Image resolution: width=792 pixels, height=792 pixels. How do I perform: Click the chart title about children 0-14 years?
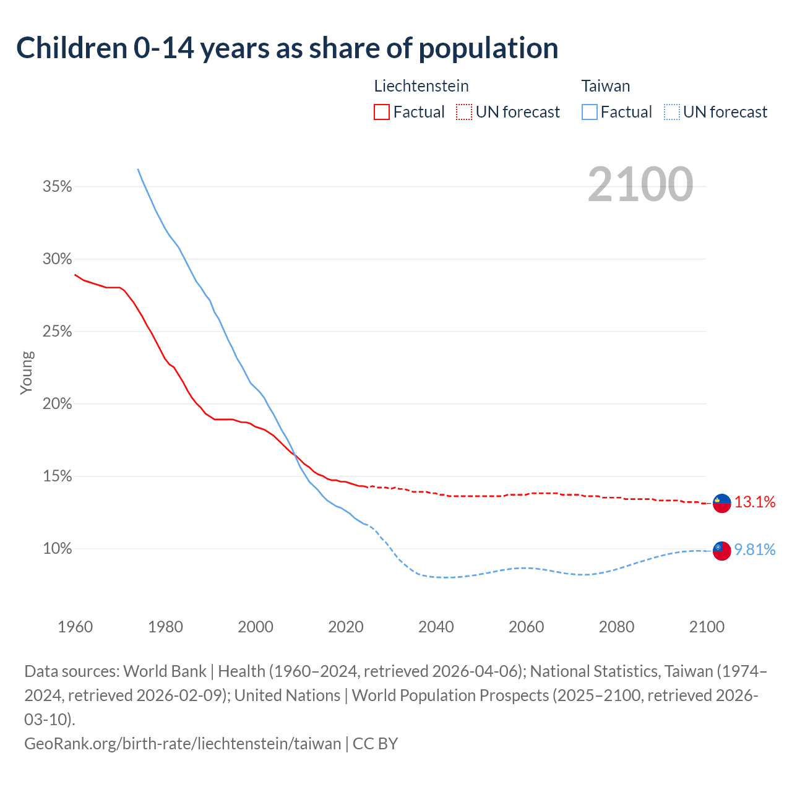point(287,48)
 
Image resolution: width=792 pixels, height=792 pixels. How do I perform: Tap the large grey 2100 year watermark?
point(640,184)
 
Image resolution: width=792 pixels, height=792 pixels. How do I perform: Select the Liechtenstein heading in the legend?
point(421,86)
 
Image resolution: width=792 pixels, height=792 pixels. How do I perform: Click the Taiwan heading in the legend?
point(605,86)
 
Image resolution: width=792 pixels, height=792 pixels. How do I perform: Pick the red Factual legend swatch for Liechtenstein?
point(382,112)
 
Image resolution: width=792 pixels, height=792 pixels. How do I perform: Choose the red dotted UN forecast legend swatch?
point(464,112)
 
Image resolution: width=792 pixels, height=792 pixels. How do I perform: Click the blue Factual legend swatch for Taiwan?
point(589,112)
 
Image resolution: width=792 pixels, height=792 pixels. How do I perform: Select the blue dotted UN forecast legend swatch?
point(671,112)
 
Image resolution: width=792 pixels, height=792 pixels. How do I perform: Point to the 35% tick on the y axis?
point(58,186)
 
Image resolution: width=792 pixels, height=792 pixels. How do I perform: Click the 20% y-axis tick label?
point(58,404)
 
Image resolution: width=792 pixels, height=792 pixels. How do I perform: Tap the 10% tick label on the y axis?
point(58,549)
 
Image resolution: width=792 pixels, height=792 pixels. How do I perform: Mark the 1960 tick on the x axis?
point(75,627)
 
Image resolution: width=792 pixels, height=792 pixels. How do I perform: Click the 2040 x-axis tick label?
point(436,627)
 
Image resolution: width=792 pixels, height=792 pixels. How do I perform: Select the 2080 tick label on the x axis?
point(616,627)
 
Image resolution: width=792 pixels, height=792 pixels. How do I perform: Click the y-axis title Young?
point(27,372)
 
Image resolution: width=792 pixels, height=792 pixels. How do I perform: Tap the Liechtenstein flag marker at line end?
point(721,503)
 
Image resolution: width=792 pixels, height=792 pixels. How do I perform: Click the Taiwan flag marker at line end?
point(721,550)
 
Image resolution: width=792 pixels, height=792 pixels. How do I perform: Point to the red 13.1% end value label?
point(755,502)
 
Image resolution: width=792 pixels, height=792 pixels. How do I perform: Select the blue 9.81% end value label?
point(755,550)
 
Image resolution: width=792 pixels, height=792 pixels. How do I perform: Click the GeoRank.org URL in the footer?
point(183,743)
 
